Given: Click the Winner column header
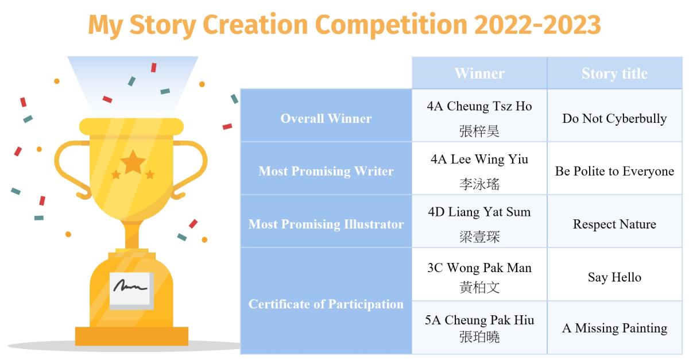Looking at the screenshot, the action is (479, 73).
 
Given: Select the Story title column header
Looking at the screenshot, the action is (614, 73).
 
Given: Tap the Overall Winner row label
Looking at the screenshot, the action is (326, 118).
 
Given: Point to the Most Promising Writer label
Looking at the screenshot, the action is (326, 171).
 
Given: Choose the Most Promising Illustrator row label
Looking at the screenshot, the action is (326, 224).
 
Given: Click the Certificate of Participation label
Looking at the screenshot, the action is (326, 304).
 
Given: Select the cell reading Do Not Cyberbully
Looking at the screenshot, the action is (614, 119).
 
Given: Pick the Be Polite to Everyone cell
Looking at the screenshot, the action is (614, 171).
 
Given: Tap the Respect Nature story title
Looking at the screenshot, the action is (614, 224).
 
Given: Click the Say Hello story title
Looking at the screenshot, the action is (614, 277).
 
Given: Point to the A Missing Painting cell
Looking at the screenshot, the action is (614, 328).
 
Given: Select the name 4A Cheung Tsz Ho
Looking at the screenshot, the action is (479, 106).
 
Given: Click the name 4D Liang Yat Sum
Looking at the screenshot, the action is (479, 212).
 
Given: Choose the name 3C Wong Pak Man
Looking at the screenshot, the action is (479, 268).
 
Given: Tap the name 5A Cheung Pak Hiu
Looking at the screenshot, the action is (479, 320).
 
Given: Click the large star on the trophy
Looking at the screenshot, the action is (133, 162).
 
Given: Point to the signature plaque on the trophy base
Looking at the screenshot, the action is (131, 291).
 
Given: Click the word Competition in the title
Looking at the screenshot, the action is (391, 25).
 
